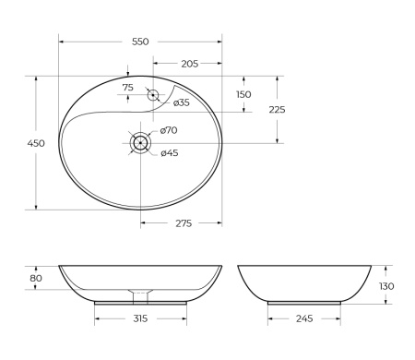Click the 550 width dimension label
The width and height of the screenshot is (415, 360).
pos(140,42)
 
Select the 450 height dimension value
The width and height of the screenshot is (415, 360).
pos(37,143)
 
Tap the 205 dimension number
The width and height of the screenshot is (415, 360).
pos(188,64)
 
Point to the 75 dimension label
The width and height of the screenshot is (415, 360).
pos(129,87)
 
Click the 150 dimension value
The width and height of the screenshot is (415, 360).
pos(243,94)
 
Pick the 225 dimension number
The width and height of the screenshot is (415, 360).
pos(277,110)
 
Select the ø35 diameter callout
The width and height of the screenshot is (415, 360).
pos(182,102)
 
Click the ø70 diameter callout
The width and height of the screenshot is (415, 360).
pos(169,131)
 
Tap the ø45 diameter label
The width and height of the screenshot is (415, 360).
pos(169,152)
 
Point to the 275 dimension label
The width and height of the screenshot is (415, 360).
pos(182,223)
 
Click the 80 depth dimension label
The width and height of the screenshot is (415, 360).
pos(36,278)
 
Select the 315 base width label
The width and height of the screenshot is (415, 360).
pos(140,319)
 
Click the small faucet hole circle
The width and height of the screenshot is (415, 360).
pos(153,94)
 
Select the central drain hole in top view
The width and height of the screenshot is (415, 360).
pos(140,142)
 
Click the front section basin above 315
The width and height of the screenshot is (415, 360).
pos(140,280)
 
